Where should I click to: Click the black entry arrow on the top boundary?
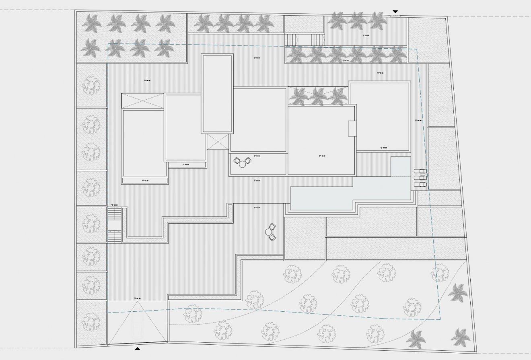click(x=395, y=11)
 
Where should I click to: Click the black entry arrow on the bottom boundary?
click(x=138, y=349)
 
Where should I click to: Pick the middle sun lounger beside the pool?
click(x=420, y=178)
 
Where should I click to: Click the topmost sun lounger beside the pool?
click(x=420, y=171)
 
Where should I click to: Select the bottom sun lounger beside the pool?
click(x=420, y=184)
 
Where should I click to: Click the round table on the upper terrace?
click(x=242, y=163)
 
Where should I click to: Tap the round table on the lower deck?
click(x=269, y=232)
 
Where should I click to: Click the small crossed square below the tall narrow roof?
click(x=217, y=142)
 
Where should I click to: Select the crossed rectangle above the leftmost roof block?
click(x=142, y=101)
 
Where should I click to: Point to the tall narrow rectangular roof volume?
click(x=217, y=94)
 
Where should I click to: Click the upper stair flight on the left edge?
click(x=114, y=213)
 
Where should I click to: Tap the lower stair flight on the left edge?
click(x=114, y=236)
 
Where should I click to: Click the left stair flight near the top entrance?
click(x=291, y=40)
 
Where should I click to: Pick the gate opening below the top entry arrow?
click(x=395, y=16)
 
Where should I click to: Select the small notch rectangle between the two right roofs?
click(x=352, y=128)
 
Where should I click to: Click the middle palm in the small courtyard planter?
click(x=318, y=96)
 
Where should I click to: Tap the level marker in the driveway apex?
click(x=138, y=298)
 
